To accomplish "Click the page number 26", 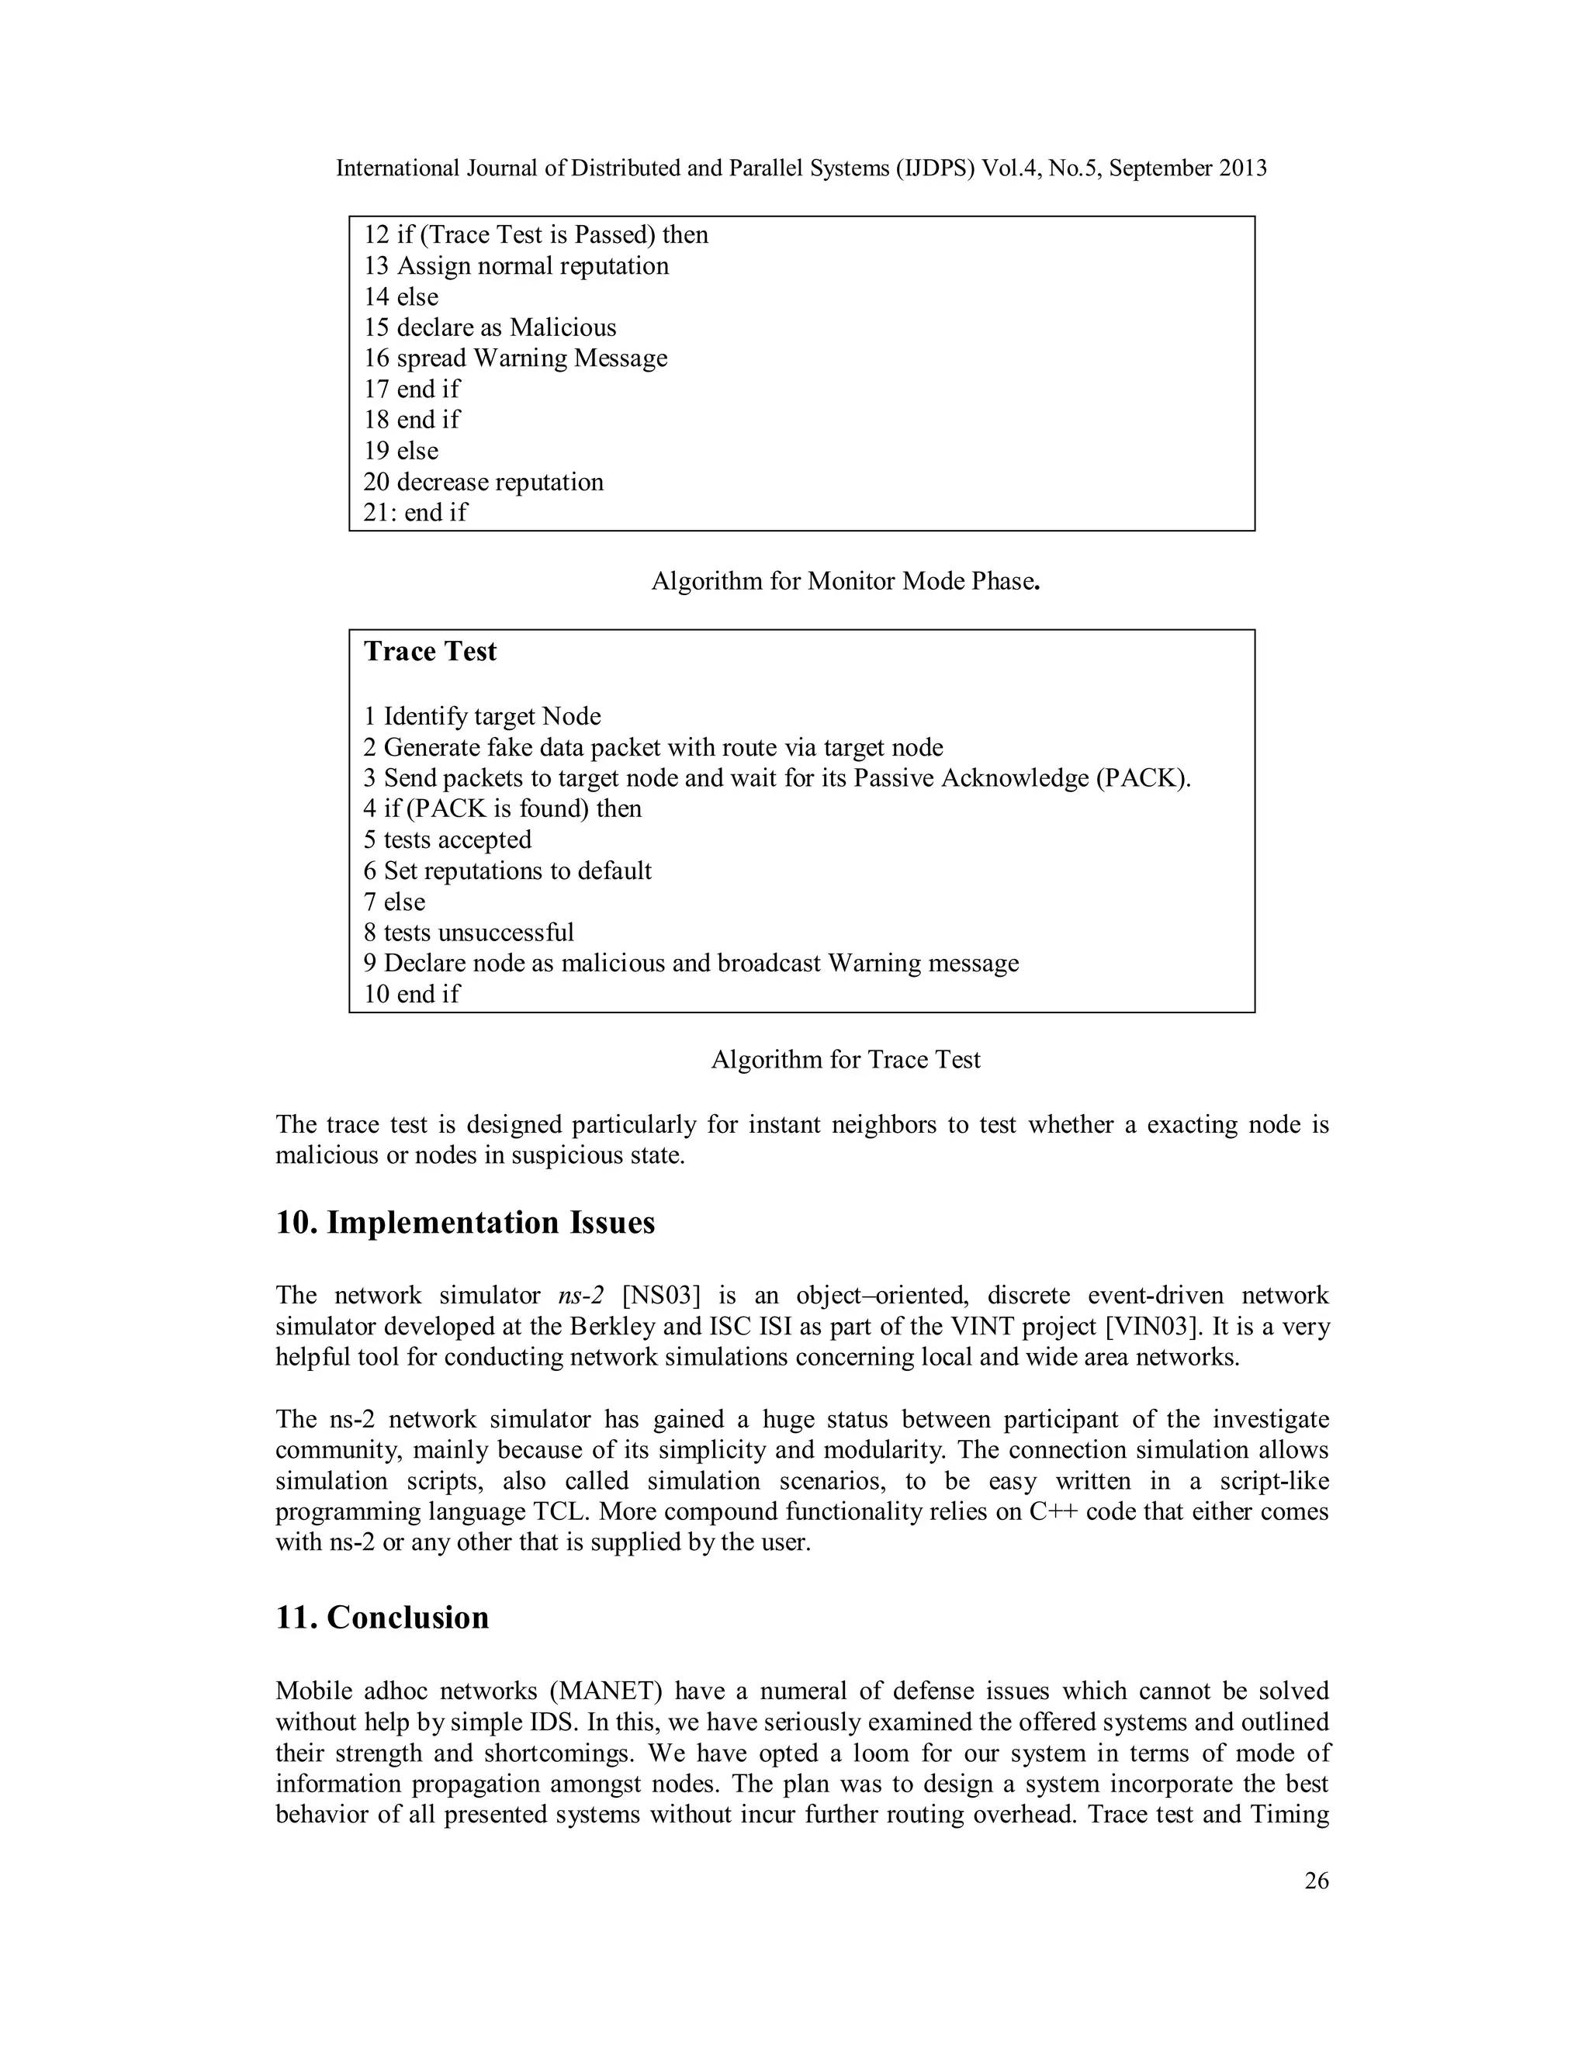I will click(1316, 1880).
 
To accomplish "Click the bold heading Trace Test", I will click(430, 652).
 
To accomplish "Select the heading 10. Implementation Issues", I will click(465, 1223).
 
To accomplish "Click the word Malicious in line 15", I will click(563, 327).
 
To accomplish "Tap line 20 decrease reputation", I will click(484, 482).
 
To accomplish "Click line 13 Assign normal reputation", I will click(516, 266).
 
